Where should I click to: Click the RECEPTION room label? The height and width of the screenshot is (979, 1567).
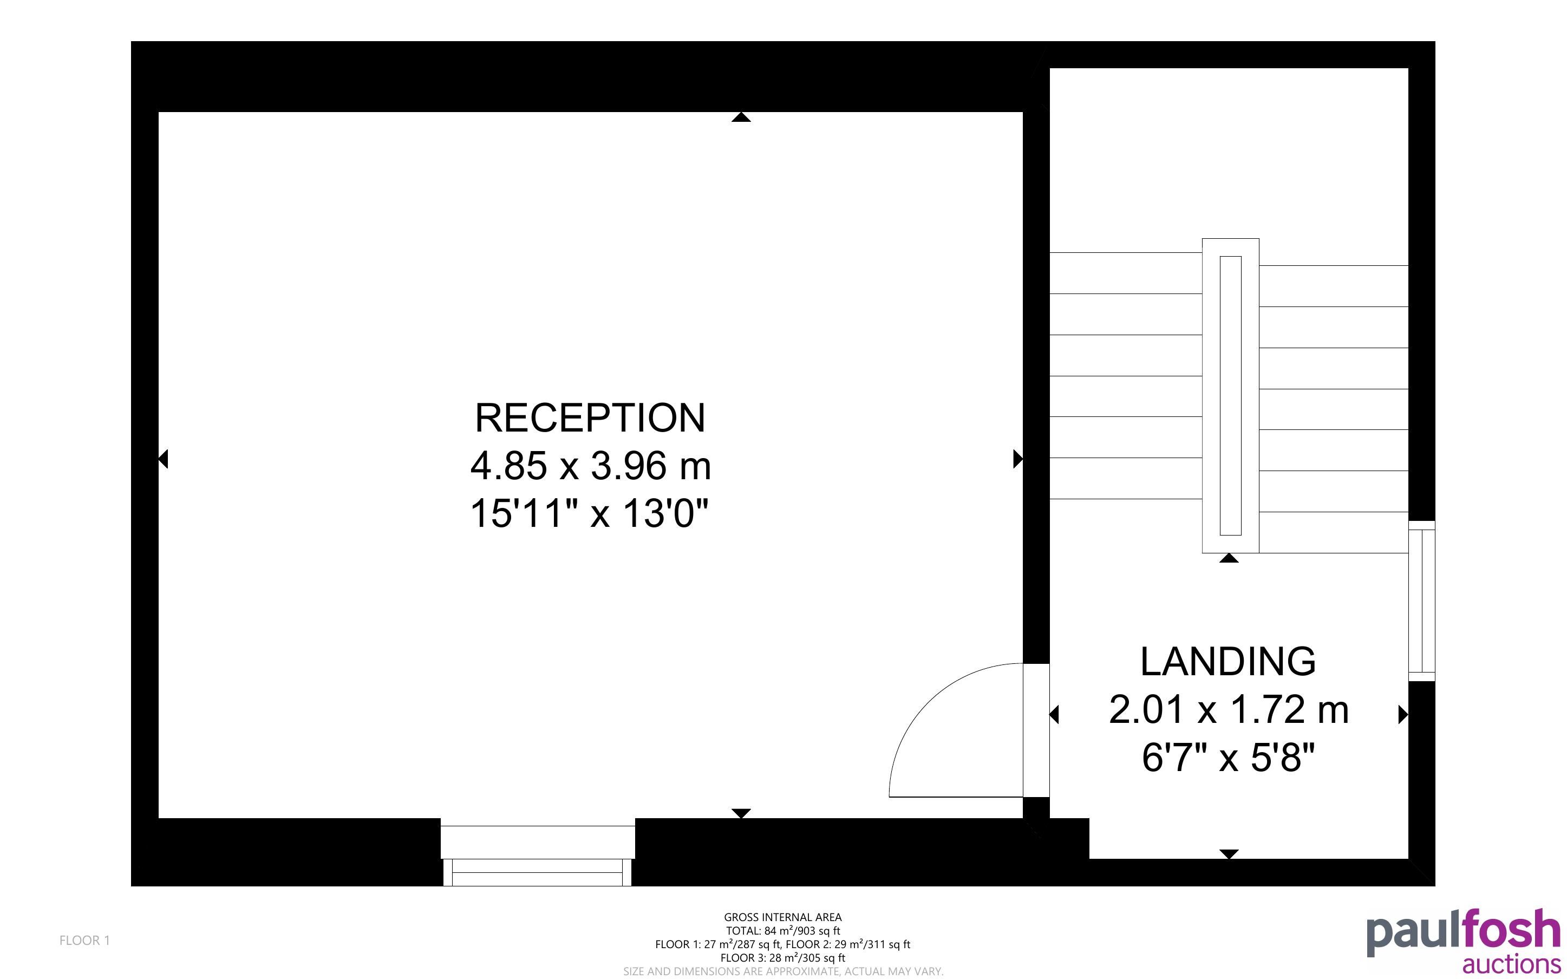click(x=590, y=417)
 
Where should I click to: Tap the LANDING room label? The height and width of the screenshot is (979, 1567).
click(x=1228, y=661)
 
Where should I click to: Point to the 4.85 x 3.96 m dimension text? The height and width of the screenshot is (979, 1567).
click(x=590, y=466)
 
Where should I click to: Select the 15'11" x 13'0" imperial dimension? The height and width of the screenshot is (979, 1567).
click(x=590, y=513)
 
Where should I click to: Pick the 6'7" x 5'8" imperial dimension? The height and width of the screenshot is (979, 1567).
click(x=1229, y=757)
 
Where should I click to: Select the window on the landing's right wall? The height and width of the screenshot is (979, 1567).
click(x=1421, y=601)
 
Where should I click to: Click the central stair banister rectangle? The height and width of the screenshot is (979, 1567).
click(x=1230, y=396)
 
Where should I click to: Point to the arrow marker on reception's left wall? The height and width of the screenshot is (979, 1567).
click(x=163, y=459)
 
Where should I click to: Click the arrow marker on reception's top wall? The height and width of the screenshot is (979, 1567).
click(x=741, y=117)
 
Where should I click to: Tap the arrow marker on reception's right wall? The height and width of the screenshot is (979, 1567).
click(x=1018, y=459)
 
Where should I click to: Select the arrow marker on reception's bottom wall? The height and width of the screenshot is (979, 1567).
click(x=741, y=813)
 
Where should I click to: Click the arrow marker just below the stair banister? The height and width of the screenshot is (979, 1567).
click(x=1229, y=558)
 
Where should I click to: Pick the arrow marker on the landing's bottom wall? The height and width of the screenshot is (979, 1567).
click(x=1229, y=854)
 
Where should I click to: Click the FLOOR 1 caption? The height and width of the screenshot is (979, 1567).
click(x=85, y=940)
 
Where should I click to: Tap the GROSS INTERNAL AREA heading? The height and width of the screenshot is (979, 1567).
click(x=782, y=917)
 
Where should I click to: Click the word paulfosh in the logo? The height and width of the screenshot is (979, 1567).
click(x=1463, y=933)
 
